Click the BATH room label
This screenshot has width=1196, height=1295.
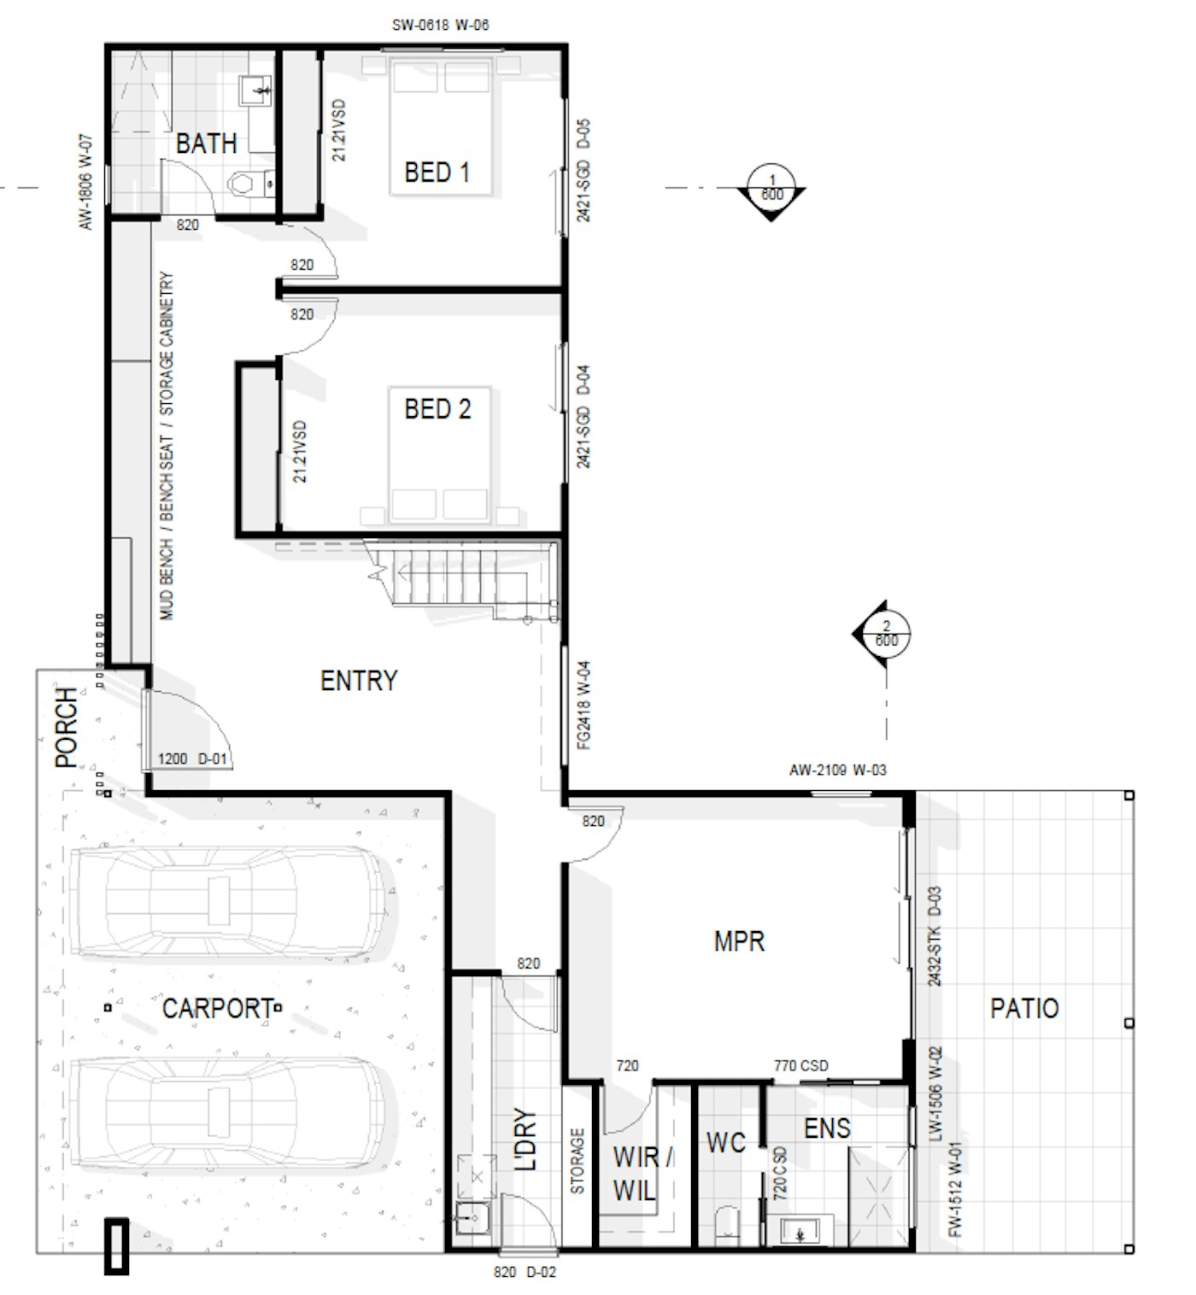point(206,144)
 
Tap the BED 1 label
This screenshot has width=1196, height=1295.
point(437,173)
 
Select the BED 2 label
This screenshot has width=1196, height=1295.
point(437,409)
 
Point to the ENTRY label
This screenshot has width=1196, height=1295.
point(359,681)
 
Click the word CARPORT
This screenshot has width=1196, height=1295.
point(218,1008)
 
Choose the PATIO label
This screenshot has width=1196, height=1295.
point(1023,1008)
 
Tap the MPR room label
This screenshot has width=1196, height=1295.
point(739,941)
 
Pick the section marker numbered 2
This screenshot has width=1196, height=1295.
point(882,633)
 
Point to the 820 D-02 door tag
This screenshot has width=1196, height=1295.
point(525,1272)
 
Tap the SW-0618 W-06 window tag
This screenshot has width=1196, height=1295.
point(440,25)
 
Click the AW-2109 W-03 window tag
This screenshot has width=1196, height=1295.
point(837,771)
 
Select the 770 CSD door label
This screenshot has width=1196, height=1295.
point(800,1065)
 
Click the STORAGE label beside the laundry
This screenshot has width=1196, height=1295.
point(577,1161)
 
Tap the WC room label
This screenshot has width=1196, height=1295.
point(726,1142)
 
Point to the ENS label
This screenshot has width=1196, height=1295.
point(827,1128)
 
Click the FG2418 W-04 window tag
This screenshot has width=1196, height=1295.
point(583,706)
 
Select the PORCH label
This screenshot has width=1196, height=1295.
point(67,727)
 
